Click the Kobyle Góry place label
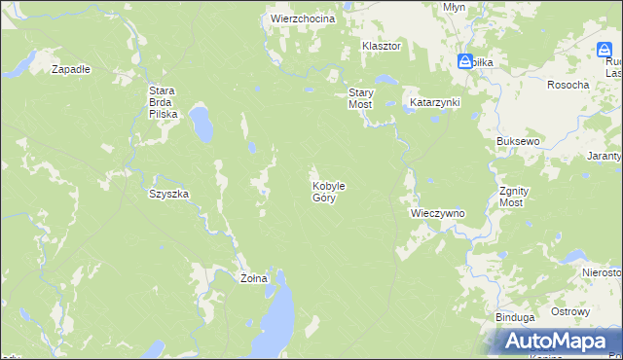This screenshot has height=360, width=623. [x=328, y=191]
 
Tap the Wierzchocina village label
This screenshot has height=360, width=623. [x=303, y=18]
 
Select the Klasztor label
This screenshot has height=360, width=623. [x=382, y=46]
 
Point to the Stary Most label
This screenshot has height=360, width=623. [x=360, y=97]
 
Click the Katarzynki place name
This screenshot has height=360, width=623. [x=434, y=101]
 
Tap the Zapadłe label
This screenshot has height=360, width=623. [x=70, y=69]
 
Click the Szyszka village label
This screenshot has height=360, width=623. [x=168, y=194]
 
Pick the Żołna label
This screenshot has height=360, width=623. [x=253, y=278]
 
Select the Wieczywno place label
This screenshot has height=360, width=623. [x=436, y=212]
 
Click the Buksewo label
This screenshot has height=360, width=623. [x=517, y=141]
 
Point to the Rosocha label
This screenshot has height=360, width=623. [x=568, y=85]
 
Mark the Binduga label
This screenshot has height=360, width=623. [x=514, y=317]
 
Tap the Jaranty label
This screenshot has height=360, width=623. [x=604, y=156]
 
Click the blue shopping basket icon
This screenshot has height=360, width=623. [x=465, y=61]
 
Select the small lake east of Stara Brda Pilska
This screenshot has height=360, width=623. [x=202, y=123]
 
